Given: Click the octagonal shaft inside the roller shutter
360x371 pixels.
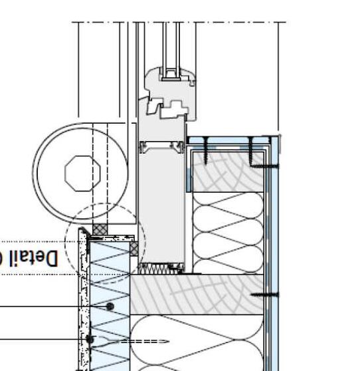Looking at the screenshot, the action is coord(82,173).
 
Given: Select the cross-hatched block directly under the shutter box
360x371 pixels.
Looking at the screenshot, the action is coord(100,229).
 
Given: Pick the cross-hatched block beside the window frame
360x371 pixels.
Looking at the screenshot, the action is coord(134,249).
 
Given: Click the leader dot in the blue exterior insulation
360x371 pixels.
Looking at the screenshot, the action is coord(110,307).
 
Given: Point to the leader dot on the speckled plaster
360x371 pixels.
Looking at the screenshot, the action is coord(90,339).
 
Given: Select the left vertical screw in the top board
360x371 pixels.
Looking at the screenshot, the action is coord(206,151).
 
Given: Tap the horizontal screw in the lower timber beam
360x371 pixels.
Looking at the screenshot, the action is coord(265,295).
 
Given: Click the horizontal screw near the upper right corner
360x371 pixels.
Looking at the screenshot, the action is coord(265,166).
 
